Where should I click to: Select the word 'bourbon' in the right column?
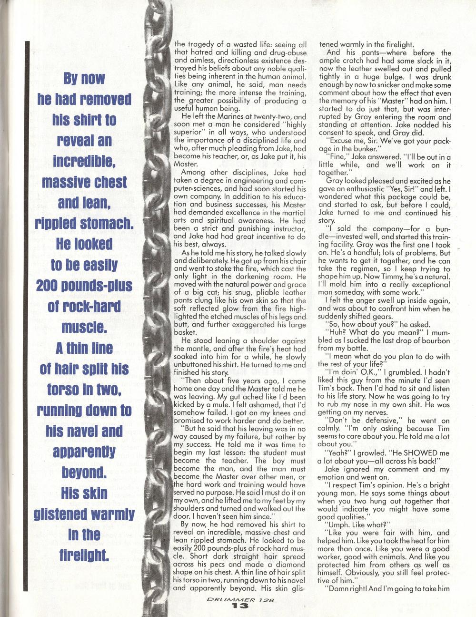click(433, 341)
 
